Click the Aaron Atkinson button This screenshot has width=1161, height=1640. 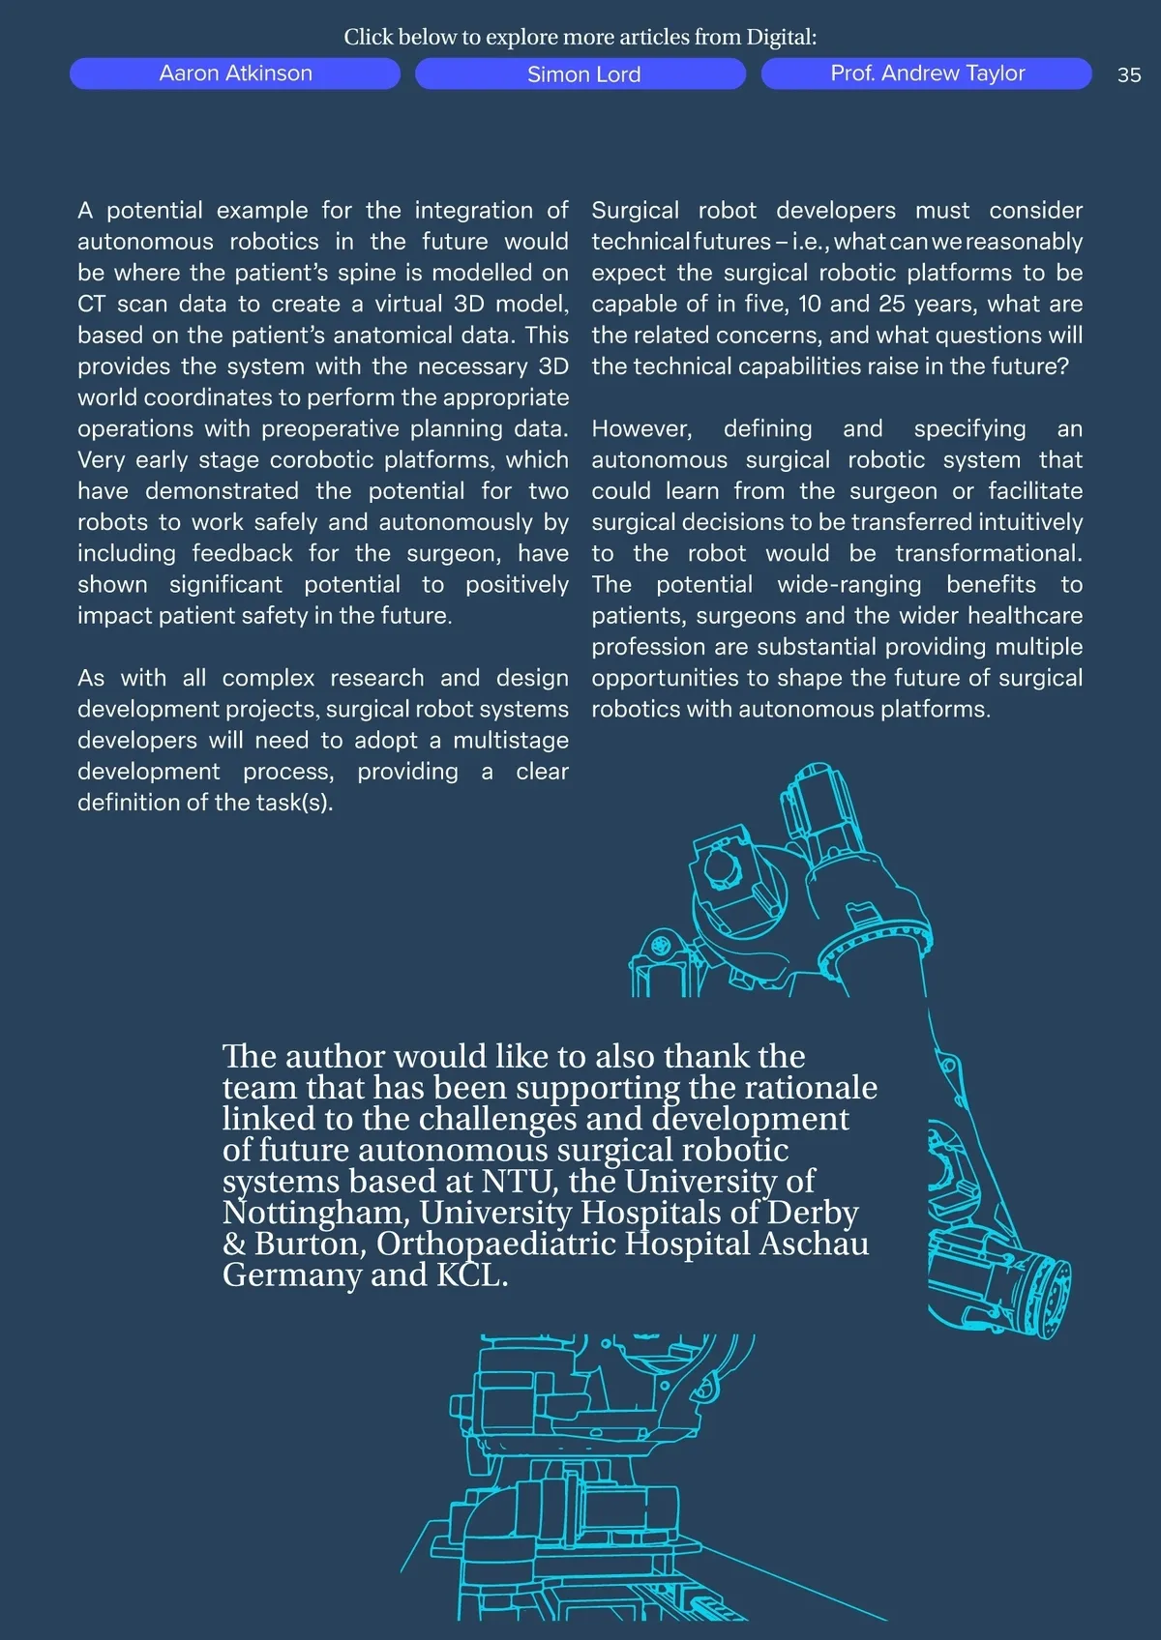tap(235, 73)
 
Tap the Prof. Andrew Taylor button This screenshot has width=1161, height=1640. tap(927, 73)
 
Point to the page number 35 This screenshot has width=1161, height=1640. tap(1128, 75)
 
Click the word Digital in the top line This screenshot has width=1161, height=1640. tap(780, 38)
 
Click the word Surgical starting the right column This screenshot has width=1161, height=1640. tap(635, 211)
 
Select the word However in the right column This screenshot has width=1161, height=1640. tap(640, 428)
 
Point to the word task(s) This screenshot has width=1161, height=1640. tap(295, 803)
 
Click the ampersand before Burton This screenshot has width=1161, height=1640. tap(234, 1245)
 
